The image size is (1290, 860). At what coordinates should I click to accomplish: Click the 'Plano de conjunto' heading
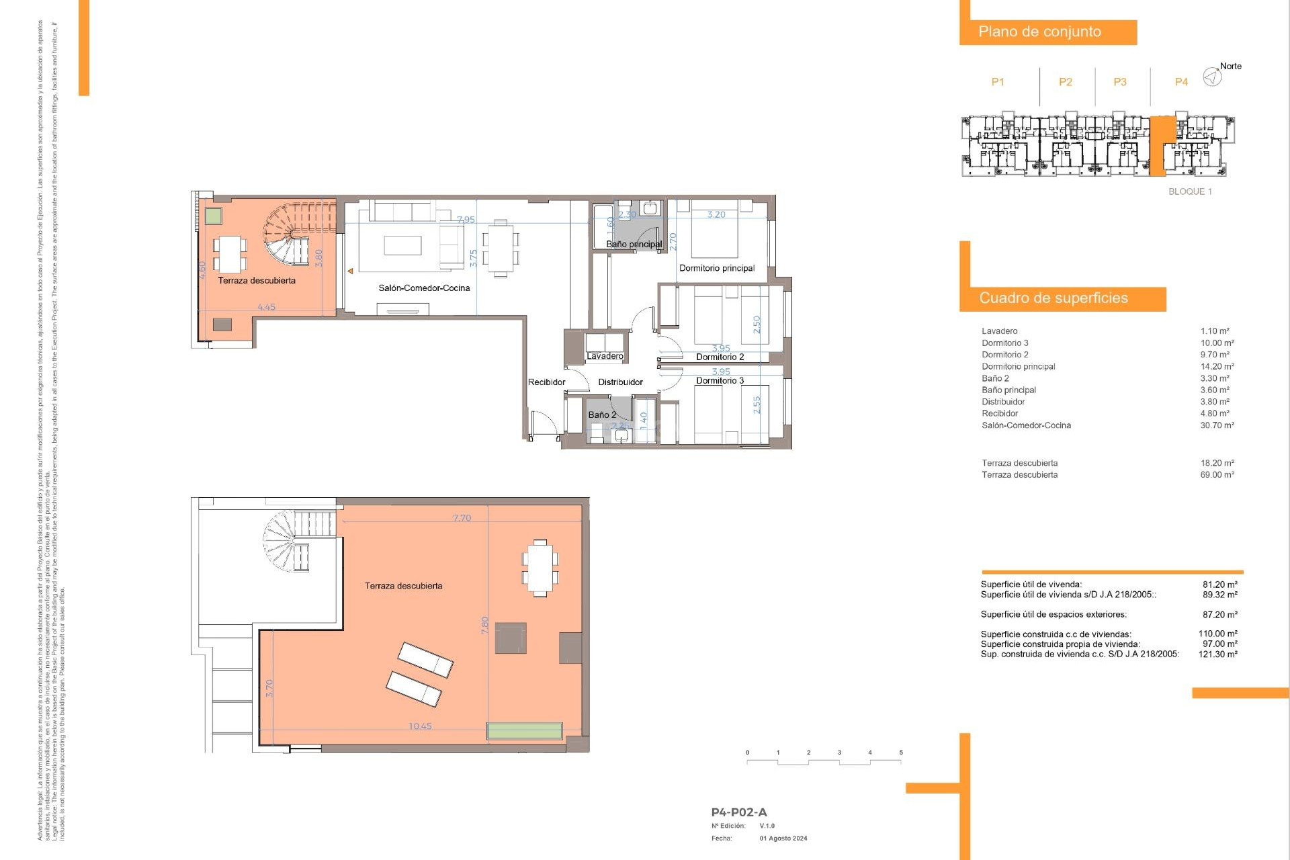[x=1039, y=32]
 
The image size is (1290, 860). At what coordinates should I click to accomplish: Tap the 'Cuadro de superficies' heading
[x=1053, y=298]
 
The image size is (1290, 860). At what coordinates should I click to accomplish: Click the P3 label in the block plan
[x=1119, y=82]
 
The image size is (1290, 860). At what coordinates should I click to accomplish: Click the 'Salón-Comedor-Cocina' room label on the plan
[x=424, y=288]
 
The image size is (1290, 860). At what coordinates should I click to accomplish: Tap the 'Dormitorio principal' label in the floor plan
[x=716, y=268]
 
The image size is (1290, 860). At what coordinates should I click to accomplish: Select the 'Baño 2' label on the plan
[x=602, y=415]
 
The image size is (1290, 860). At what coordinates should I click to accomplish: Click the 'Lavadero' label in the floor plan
[x=605, y=356]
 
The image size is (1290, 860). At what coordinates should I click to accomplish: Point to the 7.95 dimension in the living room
[x=466, y=220]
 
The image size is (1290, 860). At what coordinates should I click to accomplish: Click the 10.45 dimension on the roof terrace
[x=420, y=726]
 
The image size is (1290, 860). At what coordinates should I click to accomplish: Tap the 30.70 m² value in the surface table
[x=1217, y=425]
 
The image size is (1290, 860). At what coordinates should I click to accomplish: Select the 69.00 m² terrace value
[x=1217, y=475]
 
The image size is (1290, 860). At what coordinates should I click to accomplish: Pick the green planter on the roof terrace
[x=524, y=731]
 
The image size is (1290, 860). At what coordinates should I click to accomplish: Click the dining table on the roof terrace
[x=540, y=568]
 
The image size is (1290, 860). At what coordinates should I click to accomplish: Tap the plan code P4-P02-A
[x=738, y=812]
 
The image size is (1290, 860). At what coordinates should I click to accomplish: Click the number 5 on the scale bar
[x=900, y=753]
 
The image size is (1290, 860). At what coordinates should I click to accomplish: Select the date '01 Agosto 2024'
[x=783, y=838]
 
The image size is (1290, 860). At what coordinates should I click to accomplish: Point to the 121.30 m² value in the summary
[x=1217, y=654]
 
